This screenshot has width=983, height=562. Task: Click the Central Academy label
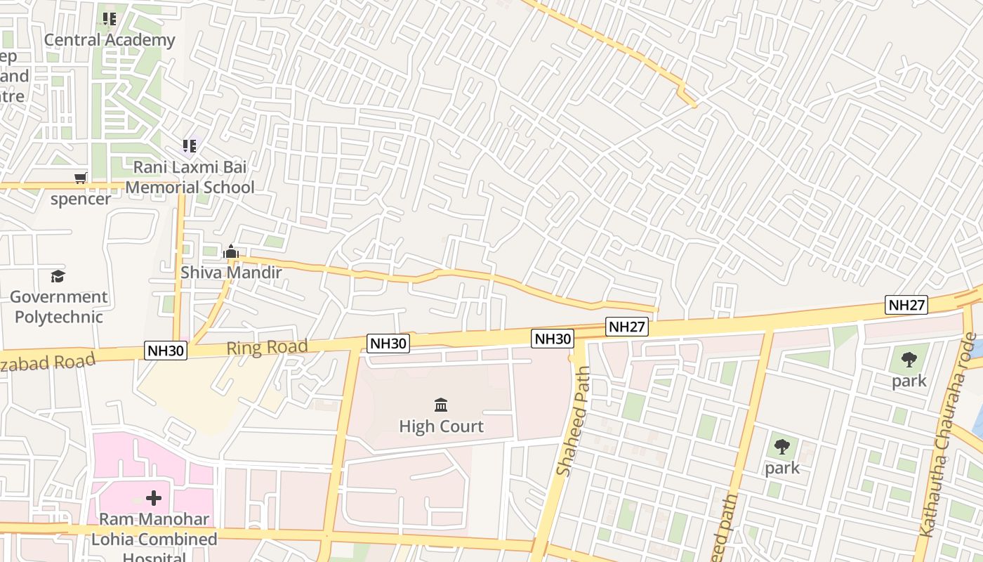[110, 40]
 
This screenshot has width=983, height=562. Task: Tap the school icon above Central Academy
[110, 19]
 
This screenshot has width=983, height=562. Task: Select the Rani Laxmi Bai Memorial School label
[190, 178]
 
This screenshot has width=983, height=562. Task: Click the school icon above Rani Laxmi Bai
[190, 146]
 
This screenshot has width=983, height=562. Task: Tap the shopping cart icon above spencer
[81, 178]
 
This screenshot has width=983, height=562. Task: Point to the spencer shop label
[81, 199]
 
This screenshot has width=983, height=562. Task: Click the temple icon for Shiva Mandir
[231, 251]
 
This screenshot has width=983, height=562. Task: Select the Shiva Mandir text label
[231, 273]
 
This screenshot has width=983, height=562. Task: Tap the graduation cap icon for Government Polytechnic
[58, 277]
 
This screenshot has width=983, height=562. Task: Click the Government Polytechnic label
[59, 307]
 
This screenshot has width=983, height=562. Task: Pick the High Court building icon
[441, 405]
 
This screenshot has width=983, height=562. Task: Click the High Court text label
[441, 426]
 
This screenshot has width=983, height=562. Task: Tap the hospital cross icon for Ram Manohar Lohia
[154, 499]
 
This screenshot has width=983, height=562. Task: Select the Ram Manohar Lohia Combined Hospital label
[154, 539]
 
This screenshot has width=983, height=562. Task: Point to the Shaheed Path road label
[574, 421]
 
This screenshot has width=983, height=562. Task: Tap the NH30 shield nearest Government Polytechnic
[166, 351]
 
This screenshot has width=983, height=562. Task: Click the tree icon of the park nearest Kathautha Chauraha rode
[909, 360]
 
